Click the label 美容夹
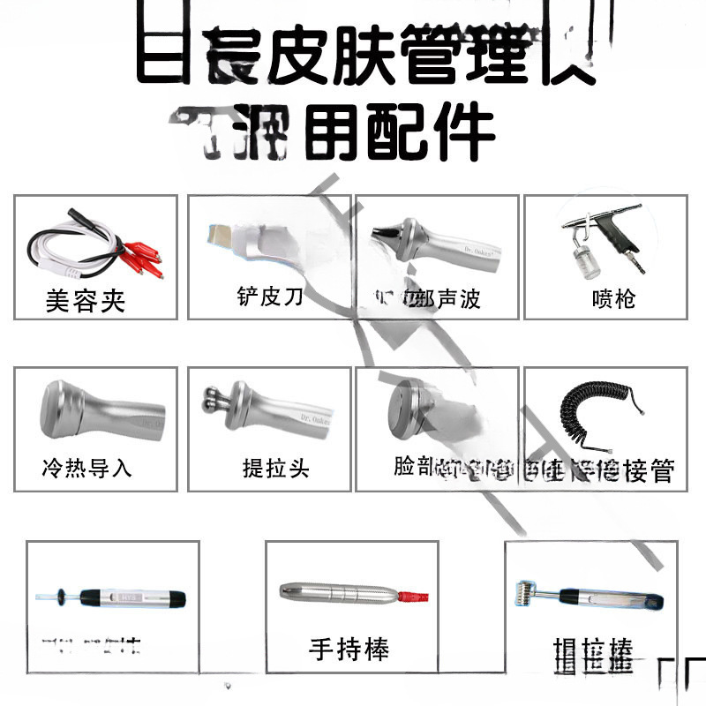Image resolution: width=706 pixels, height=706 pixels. (86, 301)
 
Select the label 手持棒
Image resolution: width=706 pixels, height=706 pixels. (349, 650)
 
